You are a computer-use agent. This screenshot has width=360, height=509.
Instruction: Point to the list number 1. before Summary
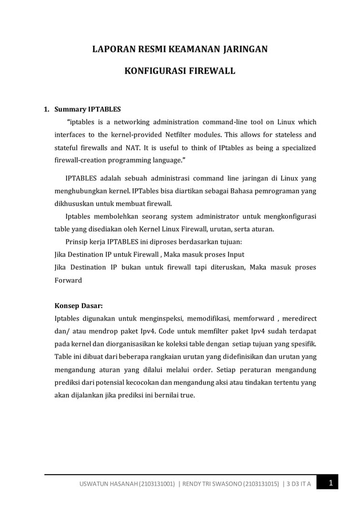[48, 109]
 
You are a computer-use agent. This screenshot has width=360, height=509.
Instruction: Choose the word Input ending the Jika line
[234, 254]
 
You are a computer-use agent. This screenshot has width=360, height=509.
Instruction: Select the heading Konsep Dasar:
[78, 305]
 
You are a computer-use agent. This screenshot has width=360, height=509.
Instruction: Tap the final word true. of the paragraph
[186, 395]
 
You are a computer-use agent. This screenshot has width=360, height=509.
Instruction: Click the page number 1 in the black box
[331, 482]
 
